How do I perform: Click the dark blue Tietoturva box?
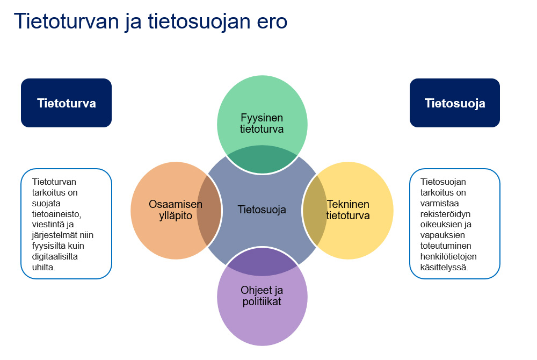tap(66, 103)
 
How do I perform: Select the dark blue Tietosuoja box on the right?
tap(455, 103)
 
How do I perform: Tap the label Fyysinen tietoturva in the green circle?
tap(262, 123)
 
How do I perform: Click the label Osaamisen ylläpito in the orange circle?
tap(176, 210)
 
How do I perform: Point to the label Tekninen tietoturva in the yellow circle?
tap(348, 210)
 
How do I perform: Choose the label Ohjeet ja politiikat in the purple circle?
tap(262, 296)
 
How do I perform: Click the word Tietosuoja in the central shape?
tap(262, 210)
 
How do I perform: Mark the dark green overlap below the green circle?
tap(262, 159)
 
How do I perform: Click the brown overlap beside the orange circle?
tap(209, 210)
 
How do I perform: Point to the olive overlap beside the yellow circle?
tap(315, 210)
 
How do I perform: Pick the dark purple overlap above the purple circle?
tap(262, 261)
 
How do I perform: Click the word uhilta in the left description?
tap(43, 267)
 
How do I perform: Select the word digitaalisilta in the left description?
tap(55, 256)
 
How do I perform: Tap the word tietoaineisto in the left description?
tap(56, 214)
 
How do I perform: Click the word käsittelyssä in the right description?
tap(444, 268)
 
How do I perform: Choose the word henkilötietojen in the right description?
tap(448, 256)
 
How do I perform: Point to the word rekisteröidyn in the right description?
tap(445, 214)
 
